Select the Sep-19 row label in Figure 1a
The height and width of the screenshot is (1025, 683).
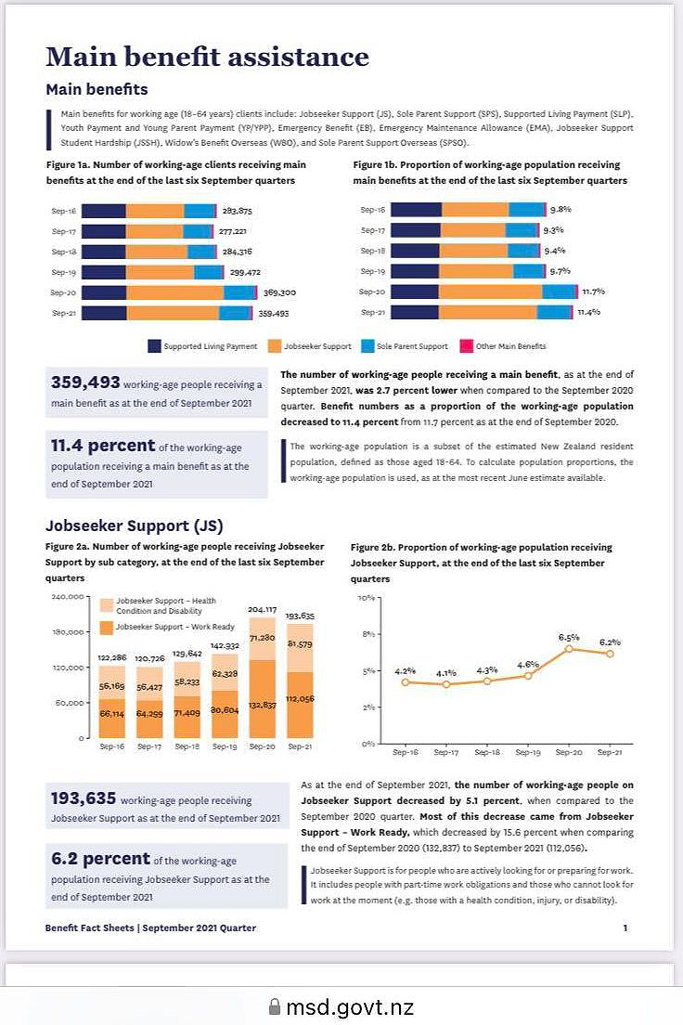pyautogui.click(x=64, y=272)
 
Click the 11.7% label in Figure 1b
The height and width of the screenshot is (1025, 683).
pyautogui.click(x=593, y=292)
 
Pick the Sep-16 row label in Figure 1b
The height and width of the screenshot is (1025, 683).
pyautogui.click(x=372, y=210)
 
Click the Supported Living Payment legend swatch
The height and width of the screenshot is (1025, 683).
pyautogui.click(x=155, y=346)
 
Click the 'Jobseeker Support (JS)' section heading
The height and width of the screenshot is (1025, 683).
pyautogui.click(x=134, y=525)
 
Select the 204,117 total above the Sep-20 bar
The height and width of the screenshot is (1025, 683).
pyautogui.click(x=262, y=610)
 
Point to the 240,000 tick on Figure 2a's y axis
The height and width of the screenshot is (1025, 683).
pyautogui.click(x=68, y=596)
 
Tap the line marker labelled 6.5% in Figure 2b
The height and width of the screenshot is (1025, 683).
pyautogui.click(x=569, y=648)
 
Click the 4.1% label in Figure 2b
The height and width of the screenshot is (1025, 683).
pyautogui.click(x=446, y=673)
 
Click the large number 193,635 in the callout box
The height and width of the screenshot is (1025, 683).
pyautogui.click(x=84, y=798)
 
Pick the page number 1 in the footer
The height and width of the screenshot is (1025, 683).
pyautogui.click(x=625, y=928)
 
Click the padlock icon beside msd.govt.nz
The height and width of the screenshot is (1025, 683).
pyautogui.click(x=274, y=1007)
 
